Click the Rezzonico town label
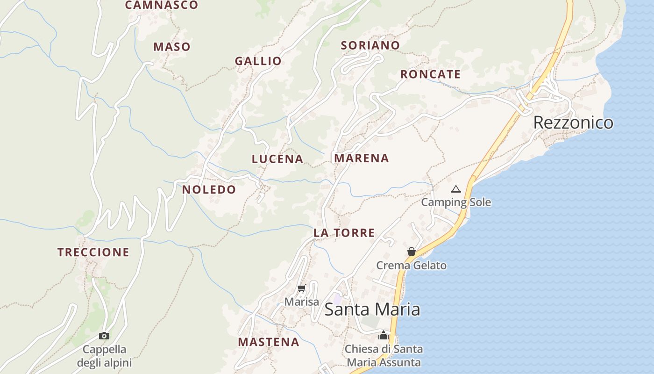coord(573,122)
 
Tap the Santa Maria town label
coord(372,309)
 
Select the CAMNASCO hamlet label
coord(162,5)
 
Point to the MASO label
coord(172,47)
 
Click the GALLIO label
coord(258,61)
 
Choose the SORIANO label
coord(370,45)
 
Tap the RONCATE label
coord(430,74)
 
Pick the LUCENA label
coord(277,159)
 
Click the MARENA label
coord(361,158)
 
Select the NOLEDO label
coord(209,189)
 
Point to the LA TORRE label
coord(344,233)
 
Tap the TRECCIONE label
coord(93,252)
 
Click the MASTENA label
coord(268,342)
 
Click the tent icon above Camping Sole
coord(456,189)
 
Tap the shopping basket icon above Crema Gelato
coord(411,252)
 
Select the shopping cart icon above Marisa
coord(301,288)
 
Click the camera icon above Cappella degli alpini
coord(104,336)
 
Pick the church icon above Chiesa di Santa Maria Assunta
coord(383,335)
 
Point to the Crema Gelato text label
coord(411,266)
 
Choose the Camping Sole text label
coord(456,202)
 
